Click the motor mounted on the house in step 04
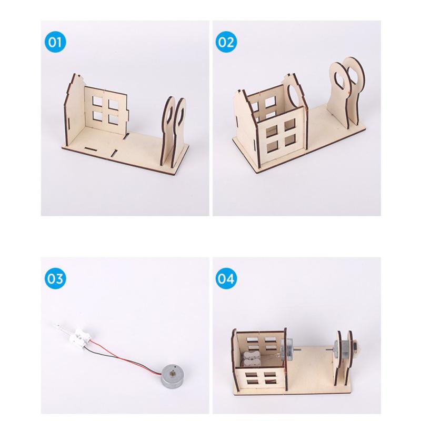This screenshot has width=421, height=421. pyautogui.click(x=291, y=350)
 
